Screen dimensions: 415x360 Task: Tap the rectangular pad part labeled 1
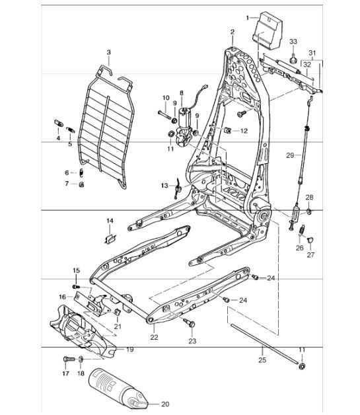[269, 30]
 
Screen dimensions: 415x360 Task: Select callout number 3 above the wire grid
[108, 52]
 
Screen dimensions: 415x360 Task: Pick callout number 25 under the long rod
[262, 361]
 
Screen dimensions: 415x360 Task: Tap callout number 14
[110, 220]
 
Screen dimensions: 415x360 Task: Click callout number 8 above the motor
[182, 94]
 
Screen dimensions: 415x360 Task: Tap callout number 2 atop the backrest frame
[233, 32]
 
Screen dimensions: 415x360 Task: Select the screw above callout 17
[66, 359]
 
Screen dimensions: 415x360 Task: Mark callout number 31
[312, 54]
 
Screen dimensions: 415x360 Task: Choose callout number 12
[243, 131]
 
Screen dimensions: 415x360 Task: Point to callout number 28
[309, 197]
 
